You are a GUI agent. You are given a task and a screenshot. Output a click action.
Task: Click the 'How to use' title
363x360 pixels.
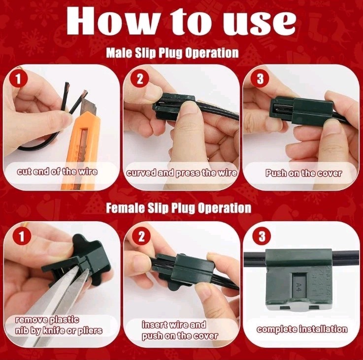coord(181,21)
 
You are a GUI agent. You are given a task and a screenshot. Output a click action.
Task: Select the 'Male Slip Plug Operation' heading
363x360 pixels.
coord(172,53)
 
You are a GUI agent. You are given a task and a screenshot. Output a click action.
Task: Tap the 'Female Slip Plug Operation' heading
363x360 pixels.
coord(178,208)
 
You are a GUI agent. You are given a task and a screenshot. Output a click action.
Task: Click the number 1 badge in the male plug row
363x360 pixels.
coord(18,78)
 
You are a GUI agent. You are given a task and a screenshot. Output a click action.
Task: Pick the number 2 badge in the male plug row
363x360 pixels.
coord(139,78)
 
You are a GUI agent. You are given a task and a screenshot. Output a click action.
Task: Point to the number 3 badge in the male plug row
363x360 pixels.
coord(260,78)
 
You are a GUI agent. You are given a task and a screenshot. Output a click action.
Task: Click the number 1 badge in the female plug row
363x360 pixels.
coord(22,236)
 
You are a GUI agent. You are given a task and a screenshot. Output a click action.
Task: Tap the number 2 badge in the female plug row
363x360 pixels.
coord(141,236)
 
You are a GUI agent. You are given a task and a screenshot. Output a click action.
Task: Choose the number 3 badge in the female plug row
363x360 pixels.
coord(262,236)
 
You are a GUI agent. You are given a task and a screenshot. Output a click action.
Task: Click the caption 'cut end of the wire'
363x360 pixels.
coord(57,171)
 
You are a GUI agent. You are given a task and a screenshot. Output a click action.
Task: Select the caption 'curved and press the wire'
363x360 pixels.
coord(182,173)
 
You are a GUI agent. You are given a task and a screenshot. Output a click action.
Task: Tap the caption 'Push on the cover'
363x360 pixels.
coord(303,173)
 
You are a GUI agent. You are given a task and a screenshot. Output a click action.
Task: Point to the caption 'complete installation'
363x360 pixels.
coord(302,329)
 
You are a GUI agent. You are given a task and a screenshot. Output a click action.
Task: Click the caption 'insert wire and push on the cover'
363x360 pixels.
coord(180,330)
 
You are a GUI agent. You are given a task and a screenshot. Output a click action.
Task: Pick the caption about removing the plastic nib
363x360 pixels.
coord(59,325)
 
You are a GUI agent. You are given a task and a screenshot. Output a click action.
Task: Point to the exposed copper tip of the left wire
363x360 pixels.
coord(67,86)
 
